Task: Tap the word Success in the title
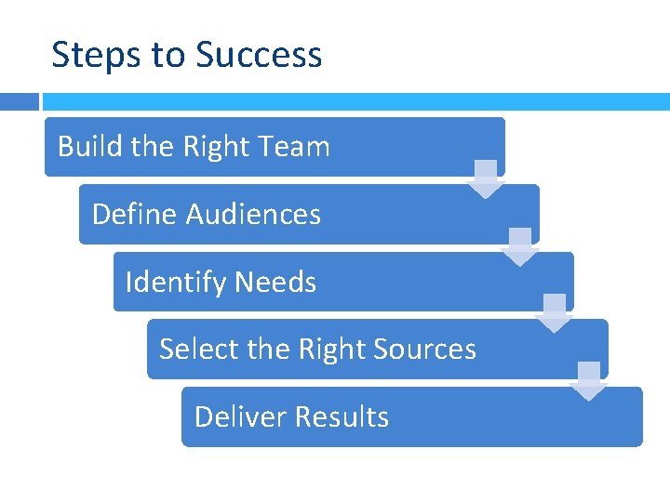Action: coord(259,55)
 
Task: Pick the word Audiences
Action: coord(253,215)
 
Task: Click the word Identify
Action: coord(175,282)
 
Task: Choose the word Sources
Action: coord(424,350)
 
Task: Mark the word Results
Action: coord(341,416)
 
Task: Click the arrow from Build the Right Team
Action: coord(486,179)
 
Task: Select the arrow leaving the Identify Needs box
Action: coord(555,314)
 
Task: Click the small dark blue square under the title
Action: coord(20,101)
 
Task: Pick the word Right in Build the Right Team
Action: coord(216,147)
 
